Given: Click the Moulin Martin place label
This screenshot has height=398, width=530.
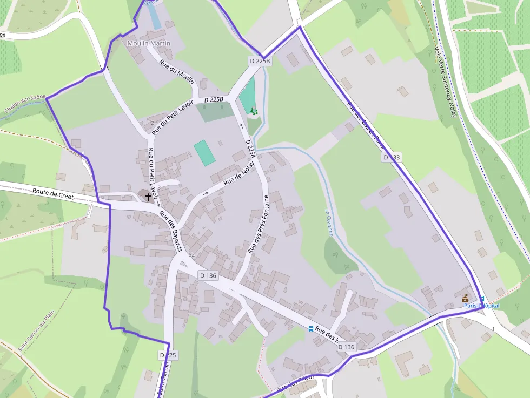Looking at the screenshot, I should click(149, 43).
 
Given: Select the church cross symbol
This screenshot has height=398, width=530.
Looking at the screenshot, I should click(148, 196).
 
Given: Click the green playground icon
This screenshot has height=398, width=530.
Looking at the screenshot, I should click(254, 111).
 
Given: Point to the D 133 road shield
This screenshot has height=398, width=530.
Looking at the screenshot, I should click(392, 157).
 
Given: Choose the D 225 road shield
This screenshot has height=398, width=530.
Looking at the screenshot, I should click(168, 355).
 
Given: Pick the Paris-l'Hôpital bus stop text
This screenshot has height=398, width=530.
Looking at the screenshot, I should click(481, 306).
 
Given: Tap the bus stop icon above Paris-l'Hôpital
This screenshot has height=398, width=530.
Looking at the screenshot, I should click(481, 299).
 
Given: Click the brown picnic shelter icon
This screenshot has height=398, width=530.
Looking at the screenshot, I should click(465, 298).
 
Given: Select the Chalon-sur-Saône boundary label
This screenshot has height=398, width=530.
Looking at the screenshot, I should click(25, 104).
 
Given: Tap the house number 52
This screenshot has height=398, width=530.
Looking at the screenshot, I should click(191, 254).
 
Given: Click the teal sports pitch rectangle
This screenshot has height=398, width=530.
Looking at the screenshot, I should click(204, 153).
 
